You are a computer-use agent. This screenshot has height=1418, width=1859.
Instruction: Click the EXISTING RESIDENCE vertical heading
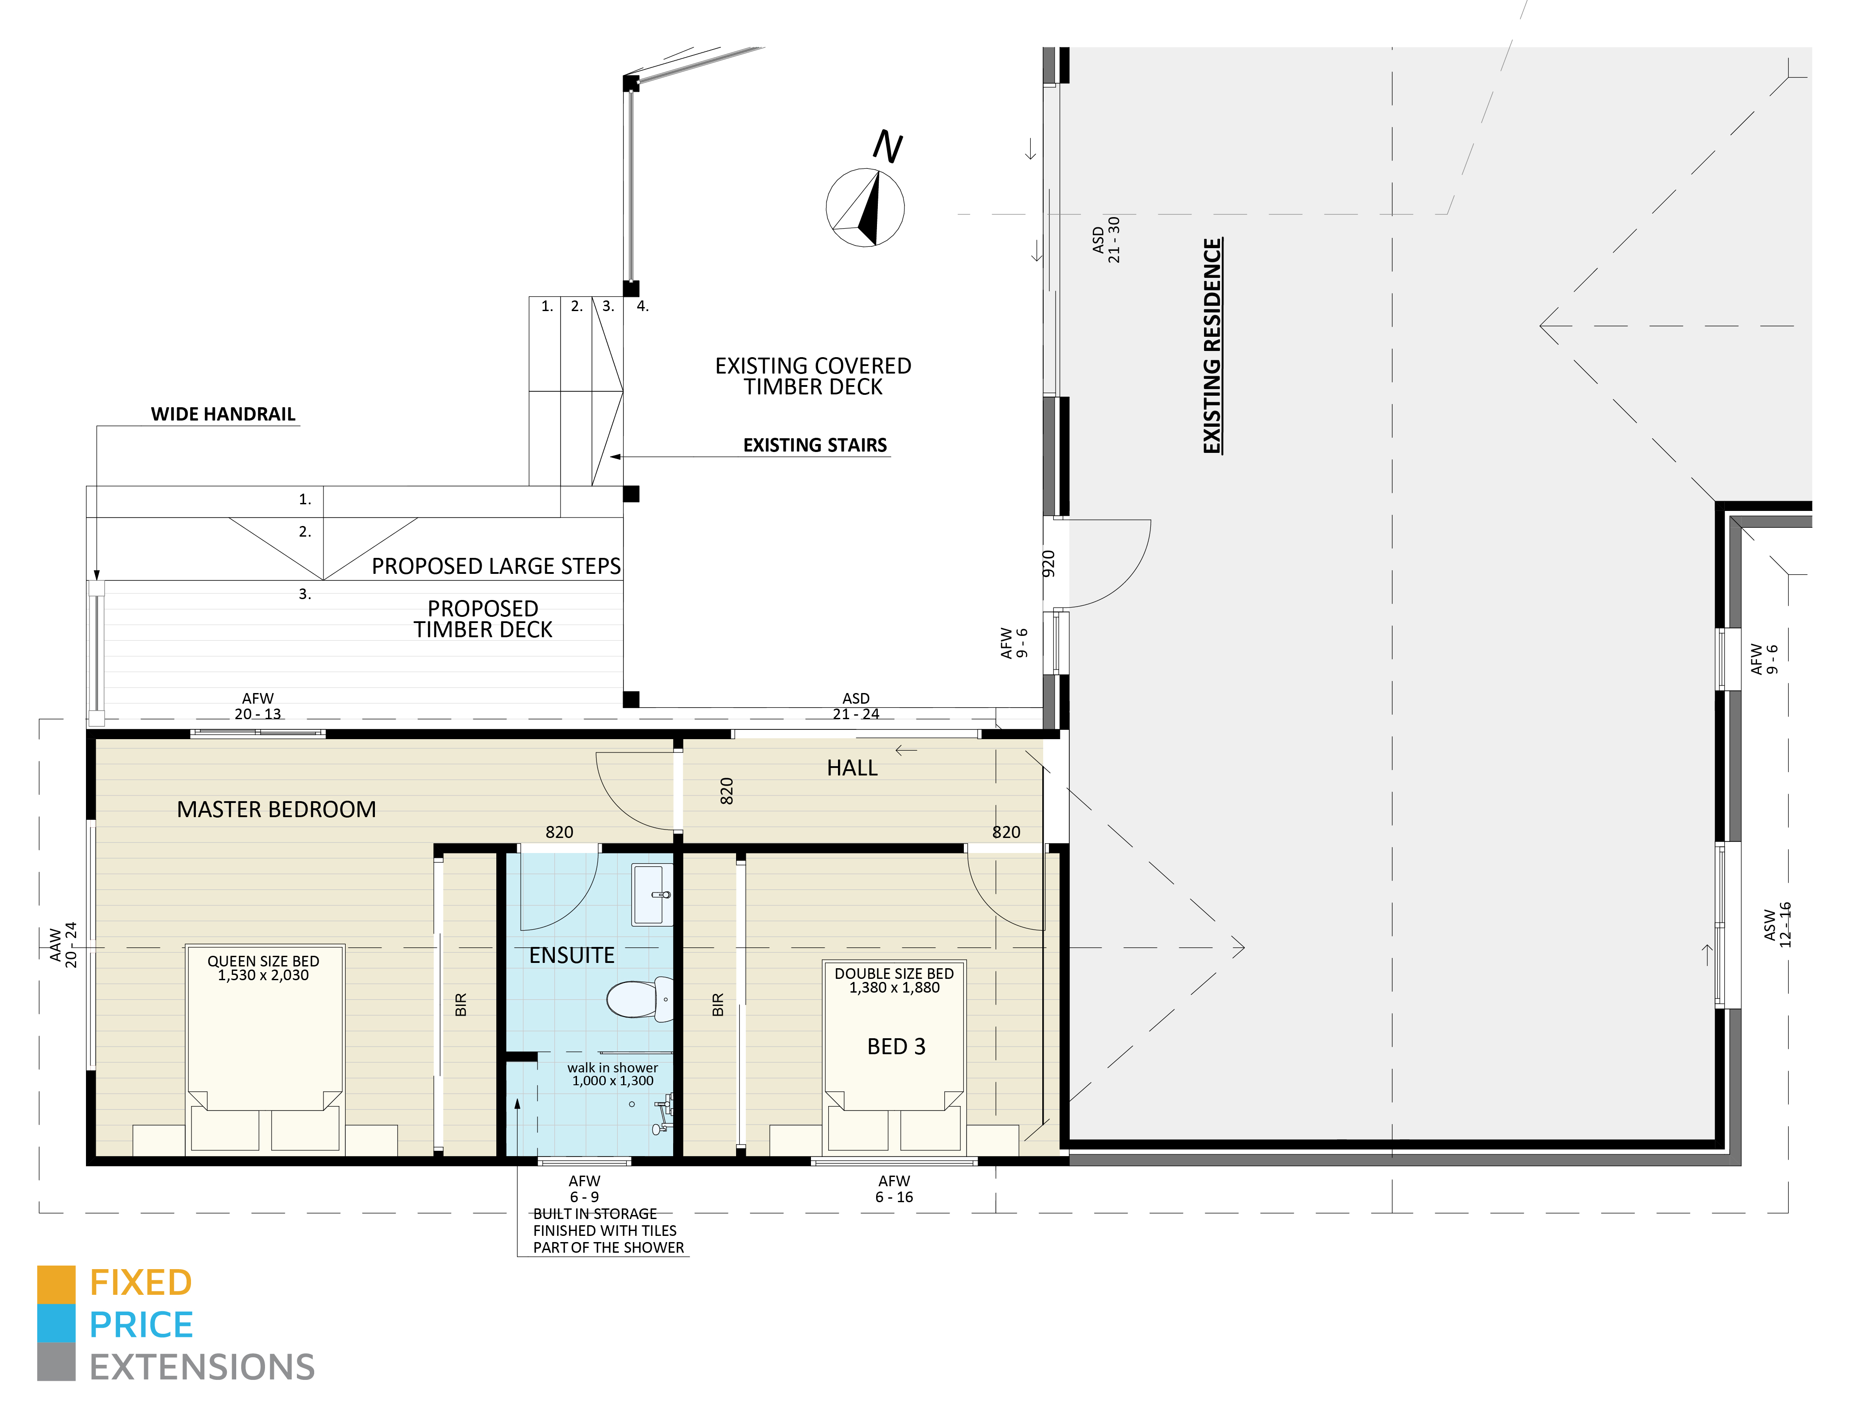pyautogui.click(x=1212, y=346)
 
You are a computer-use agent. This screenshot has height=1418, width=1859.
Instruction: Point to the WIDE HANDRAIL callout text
pyautogui.click(x=223, y=413)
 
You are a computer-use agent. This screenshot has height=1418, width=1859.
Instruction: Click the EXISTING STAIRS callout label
pyautogui.click(x=815, y=445)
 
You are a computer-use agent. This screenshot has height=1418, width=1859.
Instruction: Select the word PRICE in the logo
pyautogui.click(x=141, y=1325)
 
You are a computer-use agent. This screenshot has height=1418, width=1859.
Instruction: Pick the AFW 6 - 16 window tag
pyautogui.click(x=894, y=1188)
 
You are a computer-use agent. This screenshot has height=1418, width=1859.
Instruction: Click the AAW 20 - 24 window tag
pyautogui.click(x=63, y=944)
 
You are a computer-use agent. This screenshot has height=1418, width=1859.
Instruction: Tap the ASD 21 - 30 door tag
pyautogui.click(x=1106, y=240)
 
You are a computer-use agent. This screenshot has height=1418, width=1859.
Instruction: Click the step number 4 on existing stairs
pyautogui.click(x=642, y=306)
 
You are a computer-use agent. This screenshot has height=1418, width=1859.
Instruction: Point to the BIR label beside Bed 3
pyautogui.click(x=717, y=1005)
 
